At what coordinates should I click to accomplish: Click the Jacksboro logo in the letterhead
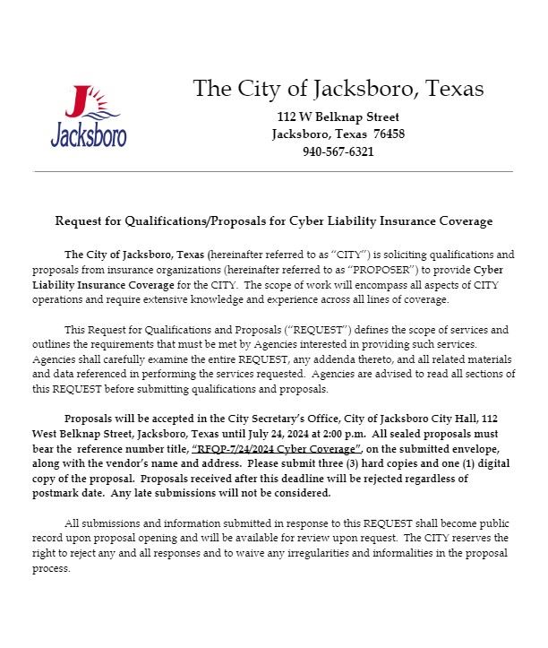88,116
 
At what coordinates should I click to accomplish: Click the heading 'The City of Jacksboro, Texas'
338,89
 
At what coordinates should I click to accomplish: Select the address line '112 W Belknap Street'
338,117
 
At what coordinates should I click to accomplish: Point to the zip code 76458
389,134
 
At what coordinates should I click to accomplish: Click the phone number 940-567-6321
338,151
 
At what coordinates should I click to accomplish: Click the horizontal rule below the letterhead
273,171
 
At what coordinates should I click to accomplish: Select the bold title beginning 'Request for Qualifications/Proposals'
274,220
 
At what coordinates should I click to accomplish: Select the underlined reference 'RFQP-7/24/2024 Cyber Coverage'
277,448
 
